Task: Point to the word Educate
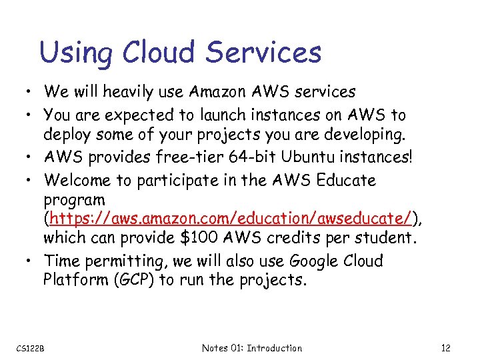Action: [346, 180]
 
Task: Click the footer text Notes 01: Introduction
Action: [252, 348]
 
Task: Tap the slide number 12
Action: [447, 348]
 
